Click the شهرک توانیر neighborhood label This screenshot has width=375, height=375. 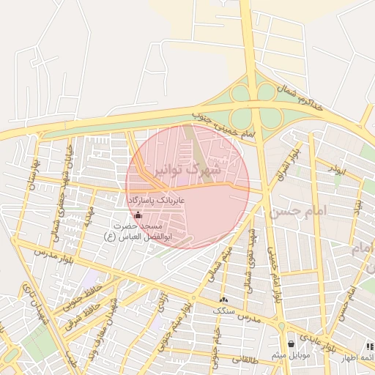point(187,171)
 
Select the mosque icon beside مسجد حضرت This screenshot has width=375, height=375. point(139,215)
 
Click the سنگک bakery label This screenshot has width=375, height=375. point(224,311)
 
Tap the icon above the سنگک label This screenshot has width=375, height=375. point(223,299)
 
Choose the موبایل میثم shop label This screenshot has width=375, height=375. point(291,355)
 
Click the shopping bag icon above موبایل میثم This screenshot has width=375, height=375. point(291,344)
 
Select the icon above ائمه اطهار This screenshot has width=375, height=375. point(370,346)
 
